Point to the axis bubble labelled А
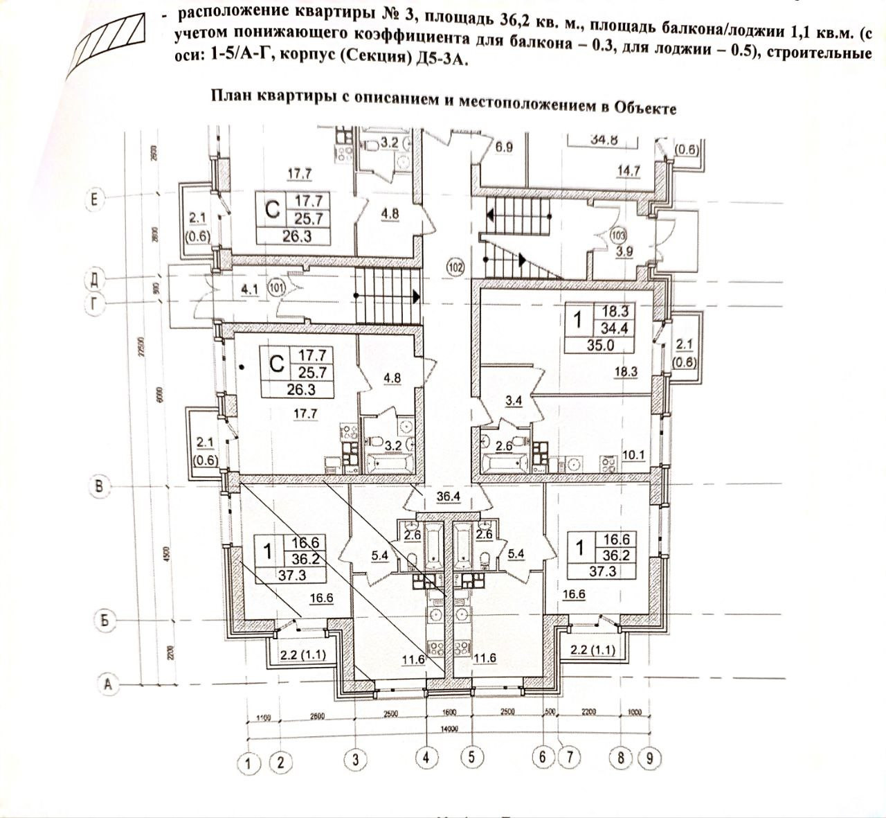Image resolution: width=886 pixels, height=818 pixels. point(107,683)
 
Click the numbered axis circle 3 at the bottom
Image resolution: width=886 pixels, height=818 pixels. point(355,759)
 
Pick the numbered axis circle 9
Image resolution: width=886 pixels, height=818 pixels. point(649,758)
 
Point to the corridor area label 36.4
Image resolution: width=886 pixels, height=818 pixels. point(449,497)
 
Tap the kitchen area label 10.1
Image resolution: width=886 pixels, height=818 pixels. point(633,454)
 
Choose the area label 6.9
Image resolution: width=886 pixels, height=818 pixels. point(503,147)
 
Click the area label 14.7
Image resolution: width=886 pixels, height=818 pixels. point(627,170)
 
